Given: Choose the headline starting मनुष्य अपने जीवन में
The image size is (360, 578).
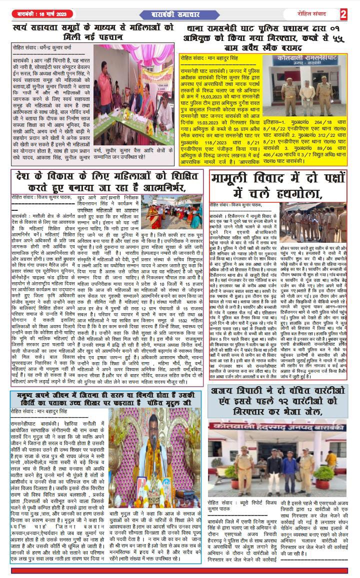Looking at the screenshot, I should [x=107, y=399].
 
